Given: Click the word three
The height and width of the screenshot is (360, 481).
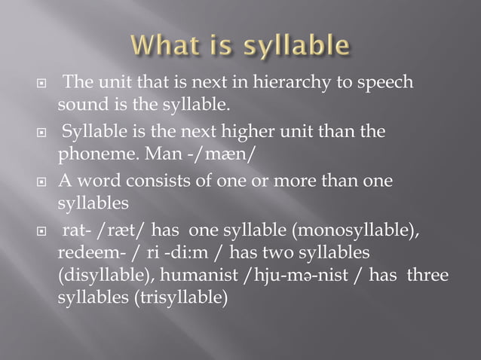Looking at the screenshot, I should point(427,276).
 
